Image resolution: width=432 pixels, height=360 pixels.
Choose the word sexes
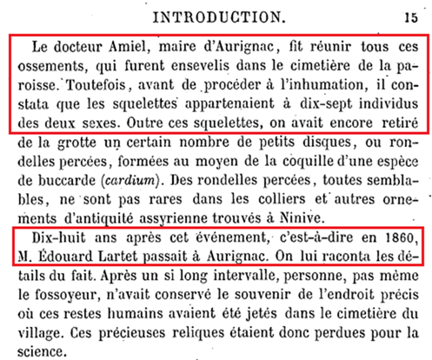(111, 125)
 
